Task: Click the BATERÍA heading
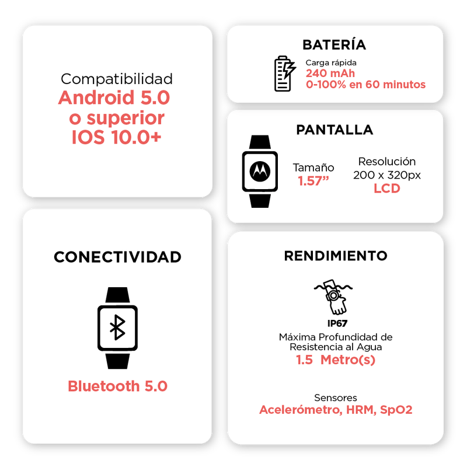point(334,45)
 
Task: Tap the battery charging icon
point(285,74)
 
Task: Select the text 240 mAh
point(330,74)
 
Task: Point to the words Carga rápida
point(331,63)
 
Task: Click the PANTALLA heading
point(334,130)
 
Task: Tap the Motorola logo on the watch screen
point(260,171)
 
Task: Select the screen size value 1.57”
point(313,181)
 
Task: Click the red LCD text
point(387,188)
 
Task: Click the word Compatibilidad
point(117,79)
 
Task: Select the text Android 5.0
point(114,97)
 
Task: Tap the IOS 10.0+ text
point(116,137)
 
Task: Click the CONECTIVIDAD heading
point(118,257)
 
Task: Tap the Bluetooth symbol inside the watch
point(118,327)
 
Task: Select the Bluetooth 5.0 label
point(118,386)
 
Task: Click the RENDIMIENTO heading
point(336,256)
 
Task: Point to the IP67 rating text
point(337,323)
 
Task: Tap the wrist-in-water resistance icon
point(333,297)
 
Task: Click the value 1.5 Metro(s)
point(336,360)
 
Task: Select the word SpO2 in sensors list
point(396,410)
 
